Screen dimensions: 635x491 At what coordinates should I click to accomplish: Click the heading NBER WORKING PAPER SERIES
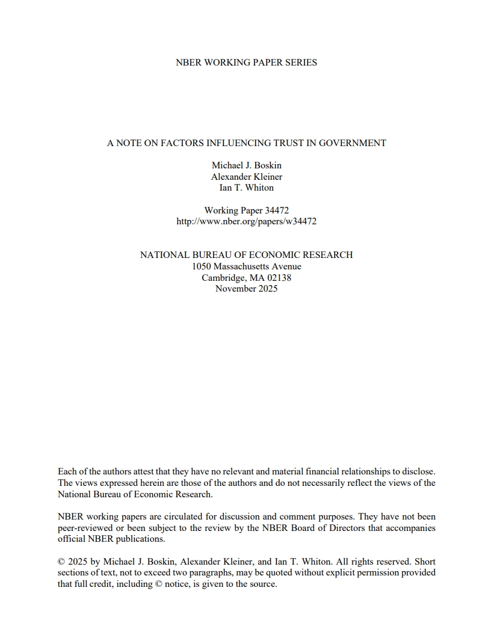[x=246, y=63]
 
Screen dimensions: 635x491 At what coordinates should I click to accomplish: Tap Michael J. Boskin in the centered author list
[x=246, y=165]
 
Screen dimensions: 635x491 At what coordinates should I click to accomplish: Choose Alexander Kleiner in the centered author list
[x=246, y=177]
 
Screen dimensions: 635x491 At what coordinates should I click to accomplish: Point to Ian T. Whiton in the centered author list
[x=246, y=188]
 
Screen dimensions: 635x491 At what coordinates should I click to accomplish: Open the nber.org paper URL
[x=246, y=221]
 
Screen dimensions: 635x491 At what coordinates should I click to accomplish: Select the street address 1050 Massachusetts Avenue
[x=246, y=266]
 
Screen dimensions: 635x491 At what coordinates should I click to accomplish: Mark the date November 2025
[x=246, y=289]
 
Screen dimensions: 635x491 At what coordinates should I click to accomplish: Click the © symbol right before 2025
[x=61, y=562]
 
